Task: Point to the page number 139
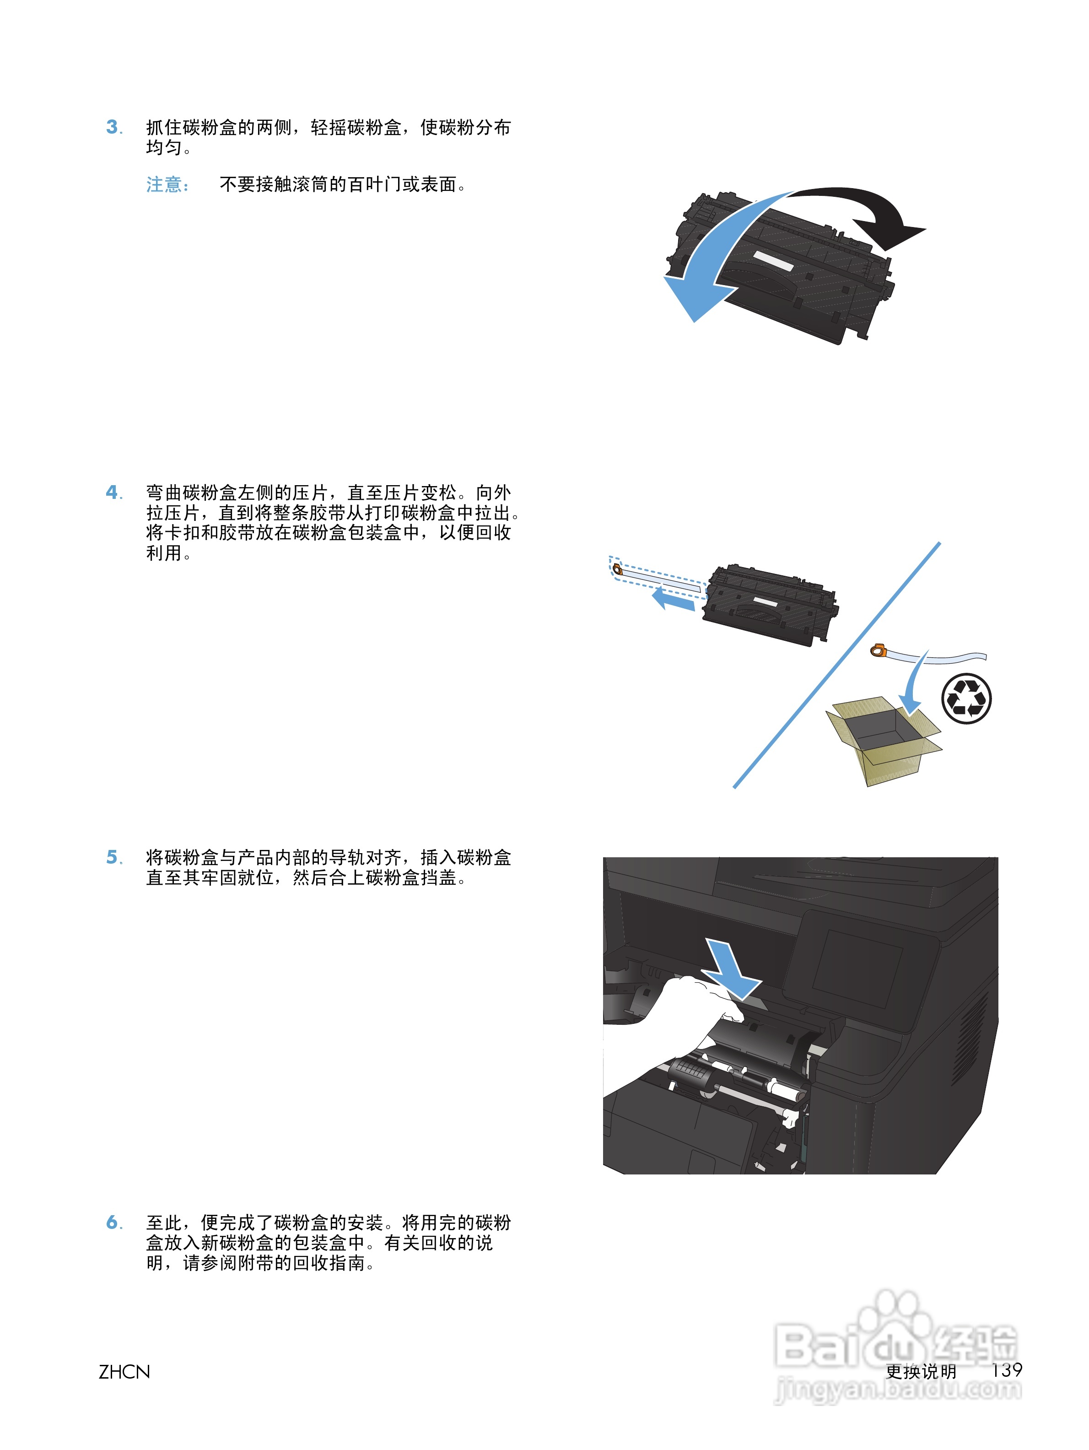coord(1006,1369)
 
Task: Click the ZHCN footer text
coord(124,1371)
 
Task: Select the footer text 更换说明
coord(921,1371)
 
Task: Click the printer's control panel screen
coord(858,970)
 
